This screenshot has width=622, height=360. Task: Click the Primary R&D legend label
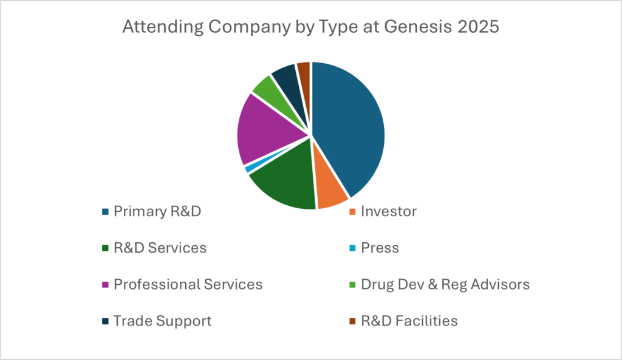point(157,212)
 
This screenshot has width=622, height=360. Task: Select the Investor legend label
point(389,212)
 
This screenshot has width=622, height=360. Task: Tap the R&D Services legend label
point(160,248)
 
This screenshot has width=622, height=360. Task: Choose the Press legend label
point(380,248)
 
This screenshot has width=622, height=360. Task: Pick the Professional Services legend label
point(188,284)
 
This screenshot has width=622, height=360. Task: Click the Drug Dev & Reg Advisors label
point(445,284)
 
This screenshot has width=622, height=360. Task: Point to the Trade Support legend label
point(163,321)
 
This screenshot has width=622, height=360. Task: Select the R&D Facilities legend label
point(409,321)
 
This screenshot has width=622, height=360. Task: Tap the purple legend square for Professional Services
point(106,284)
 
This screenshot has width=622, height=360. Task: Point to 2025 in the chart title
point(477,28)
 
